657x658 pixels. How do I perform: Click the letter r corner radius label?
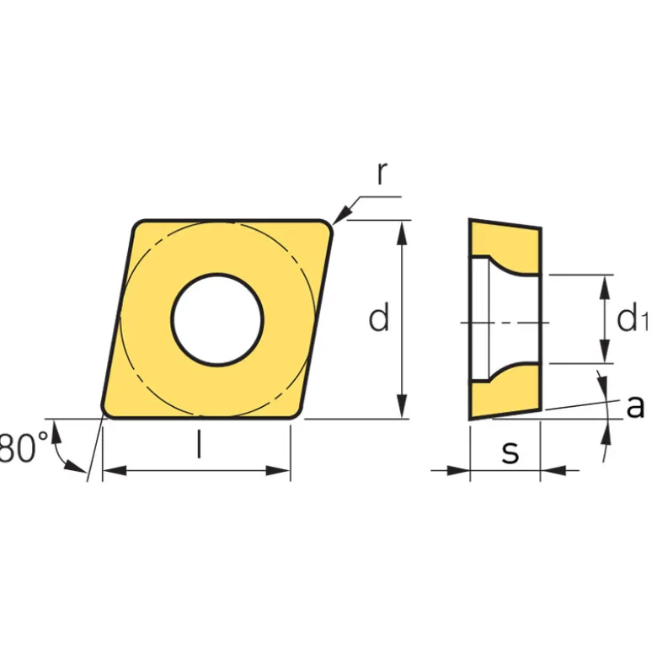(x=382, y=173)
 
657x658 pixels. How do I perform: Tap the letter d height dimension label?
(x=379, y=318)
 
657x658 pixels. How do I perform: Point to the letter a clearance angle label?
(x=635, y=406)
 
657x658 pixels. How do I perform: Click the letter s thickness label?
(x=510, y=452)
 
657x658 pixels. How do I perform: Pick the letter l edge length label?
(x=200, y=445)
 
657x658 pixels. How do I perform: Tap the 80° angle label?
(x=24, y=447)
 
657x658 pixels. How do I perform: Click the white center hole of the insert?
(x=217, y=319)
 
